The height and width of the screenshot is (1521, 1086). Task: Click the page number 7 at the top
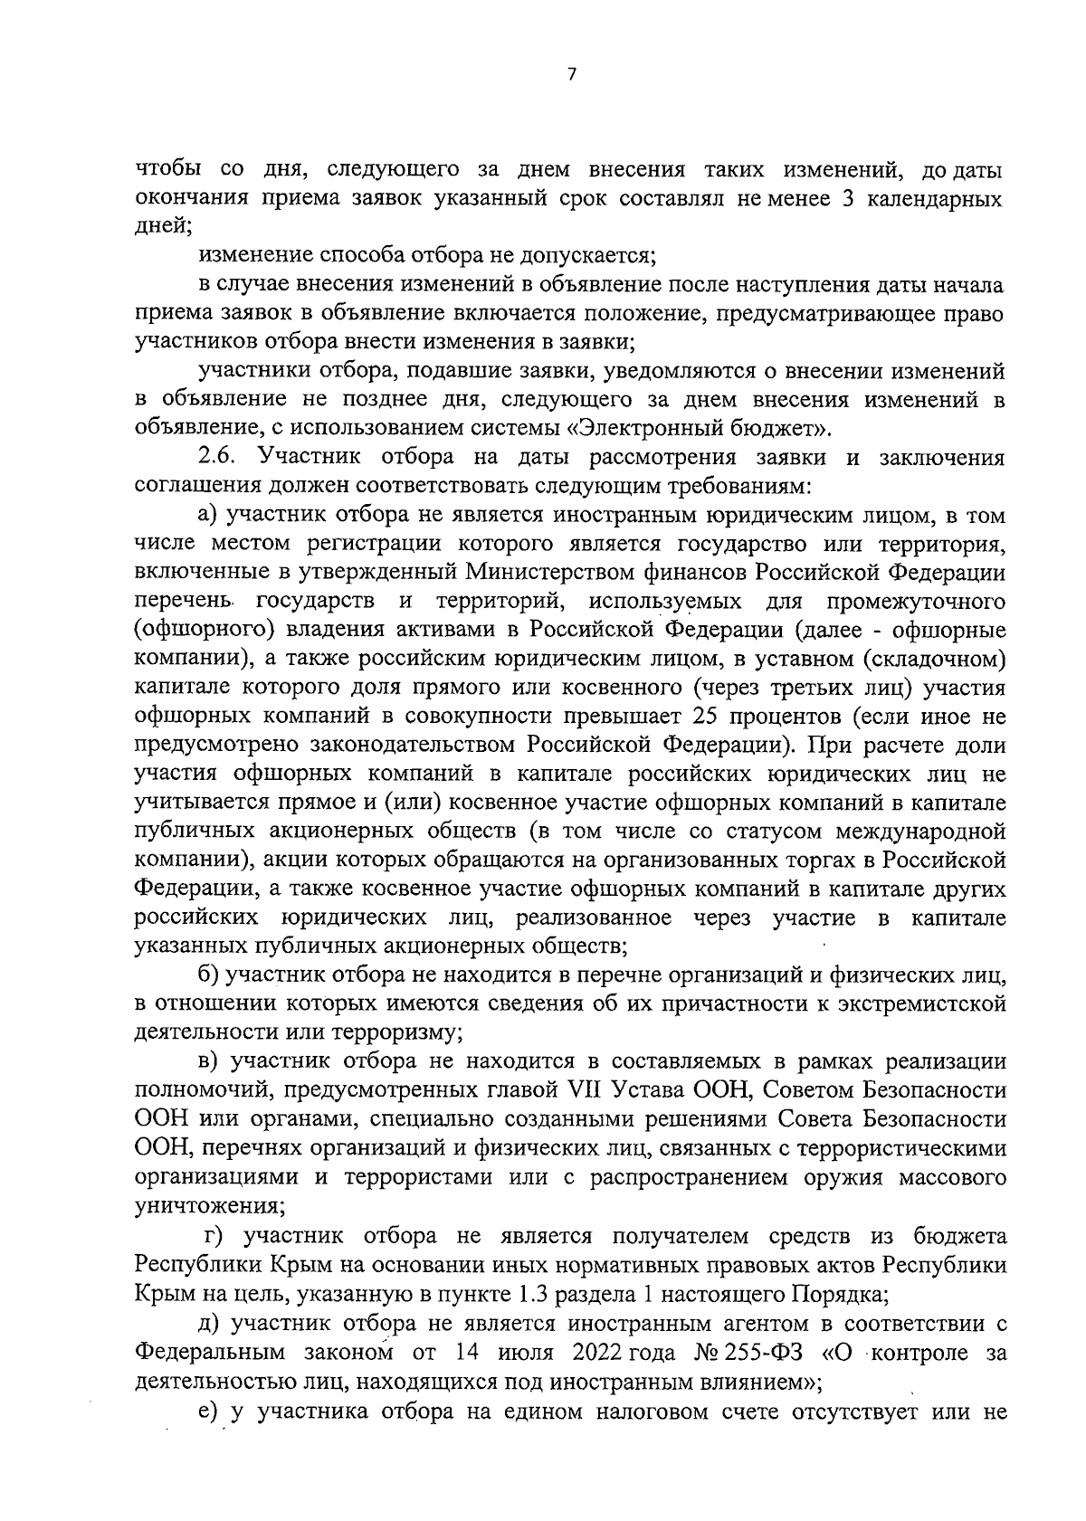click(x=571, y=77)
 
